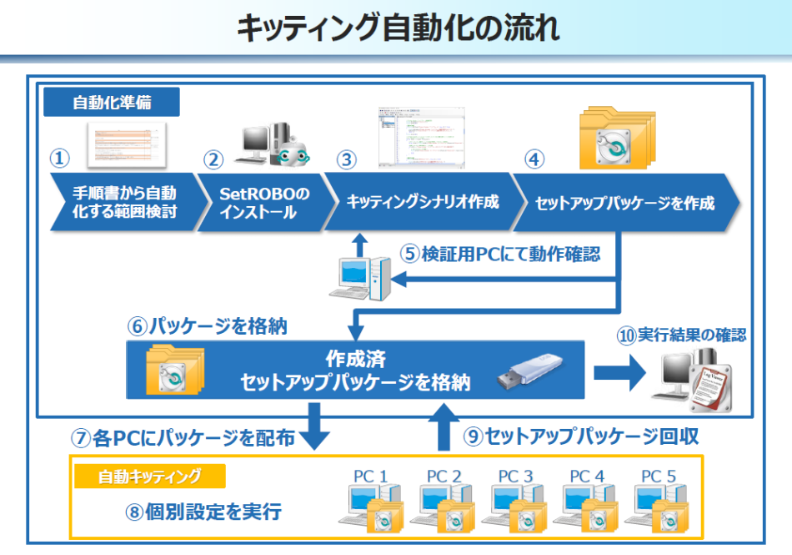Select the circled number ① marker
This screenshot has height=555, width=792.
tap(59, 158)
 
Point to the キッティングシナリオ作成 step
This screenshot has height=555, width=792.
tap(421, 202)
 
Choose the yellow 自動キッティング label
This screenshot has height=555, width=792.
tap(150, 477)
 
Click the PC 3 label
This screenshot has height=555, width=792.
tap(515, 476)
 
